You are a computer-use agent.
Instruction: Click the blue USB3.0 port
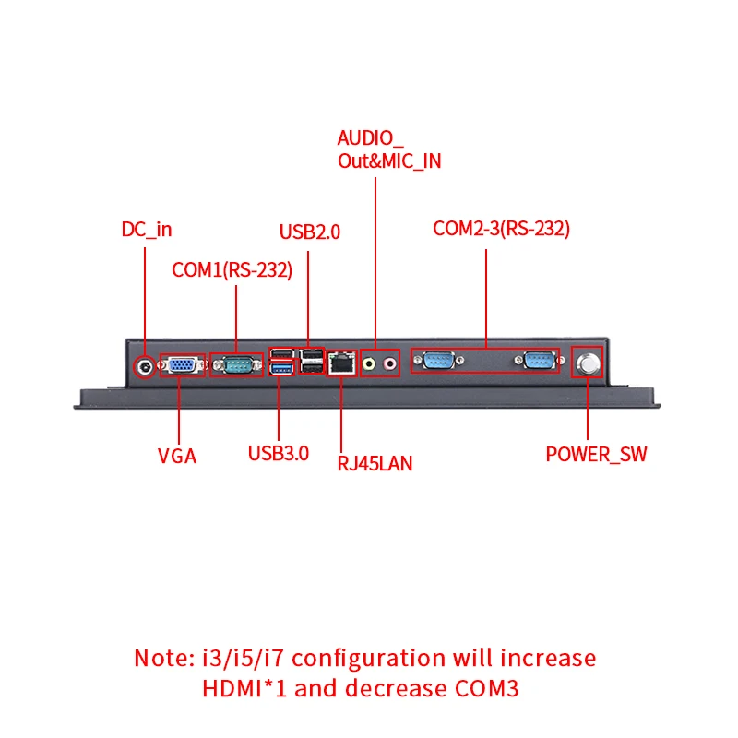[x=280, y=371]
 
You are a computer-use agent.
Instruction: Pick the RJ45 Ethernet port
[x=343, y=363]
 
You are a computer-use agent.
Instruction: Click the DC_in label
[x=147, y=230]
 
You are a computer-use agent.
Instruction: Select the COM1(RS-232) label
[x=232, y=270]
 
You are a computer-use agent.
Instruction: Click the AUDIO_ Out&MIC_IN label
[x=388, y=150]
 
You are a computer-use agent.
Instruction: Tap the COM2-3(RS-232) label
[x=502, y=229]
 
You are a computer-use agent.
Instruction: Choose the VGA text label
[x=177, y=456]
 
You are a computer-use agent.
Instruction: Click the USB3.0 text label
[x=279, y=453]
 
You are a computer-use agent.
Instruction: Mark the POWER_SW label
[x=597, y=455]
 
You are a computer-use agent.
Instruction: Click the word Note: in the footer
[x=165, y=659]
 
